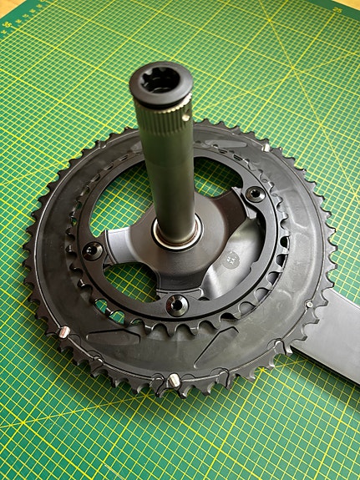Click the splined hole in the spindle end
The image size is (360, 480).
(x=160, y=83)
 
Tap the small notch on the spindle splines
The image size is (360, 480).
(x=185, y=104)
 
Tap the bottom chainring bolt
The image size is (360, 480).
(x=176, y=306)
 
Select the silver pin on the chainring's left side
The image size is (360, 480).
(x=64, y=332)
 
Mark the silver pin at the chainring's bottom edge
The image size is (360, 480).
(x=173, y=381)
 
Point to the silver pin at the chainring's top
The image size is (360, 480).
(x=266, y=147)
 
